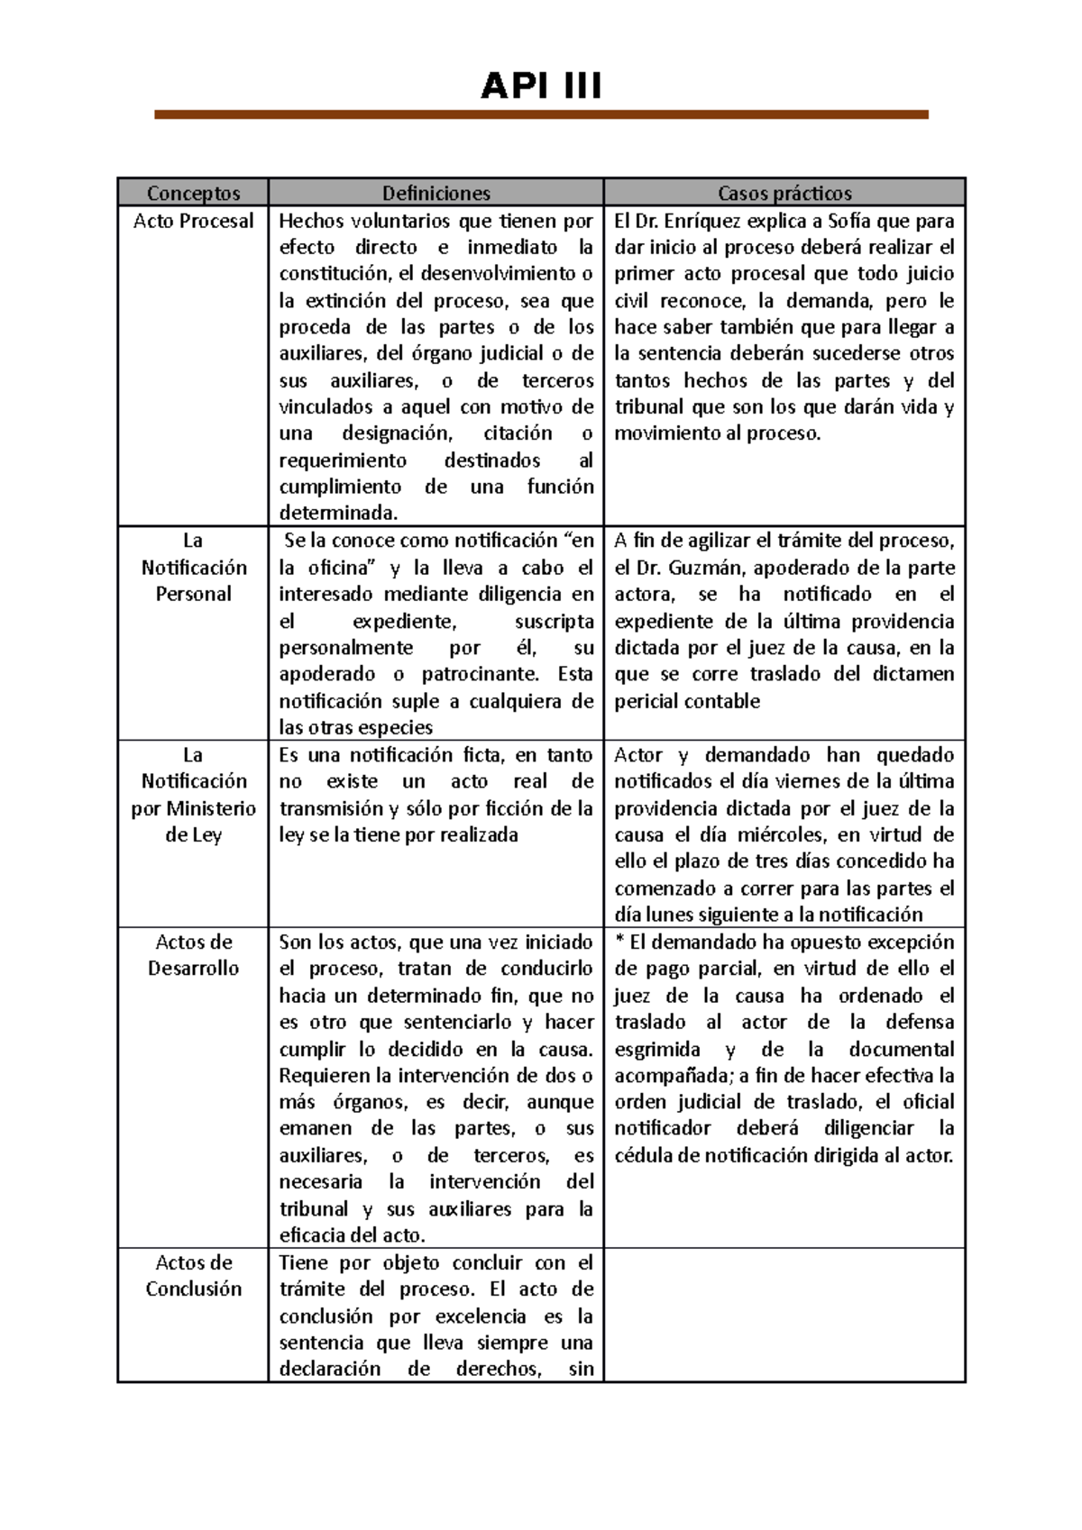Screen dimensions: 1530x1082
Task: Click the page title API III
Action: pos(541,87)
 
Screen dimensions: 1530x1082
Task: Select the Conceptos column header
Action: pos(193,193)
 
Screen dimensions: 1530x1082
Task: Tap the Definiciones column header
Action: pos(436,193)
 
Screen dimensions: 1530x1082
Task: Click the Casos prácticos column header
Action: pos(784,193)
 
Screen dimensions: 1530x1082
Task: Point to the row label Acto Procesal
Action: pos(193,221)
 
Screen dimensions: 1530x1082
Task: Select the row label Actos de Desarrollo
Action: pos(193,955)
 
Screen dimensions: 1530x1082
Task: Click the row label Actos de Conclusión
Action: pos(193,1275)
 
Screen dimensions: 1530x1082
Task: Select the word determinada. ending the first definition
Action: pos(337,514)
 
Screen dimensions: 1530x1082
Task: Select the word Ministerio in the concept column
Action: pos(211,808)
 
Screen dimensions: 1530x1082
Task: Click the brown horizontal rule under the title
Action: pos(541,114)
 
